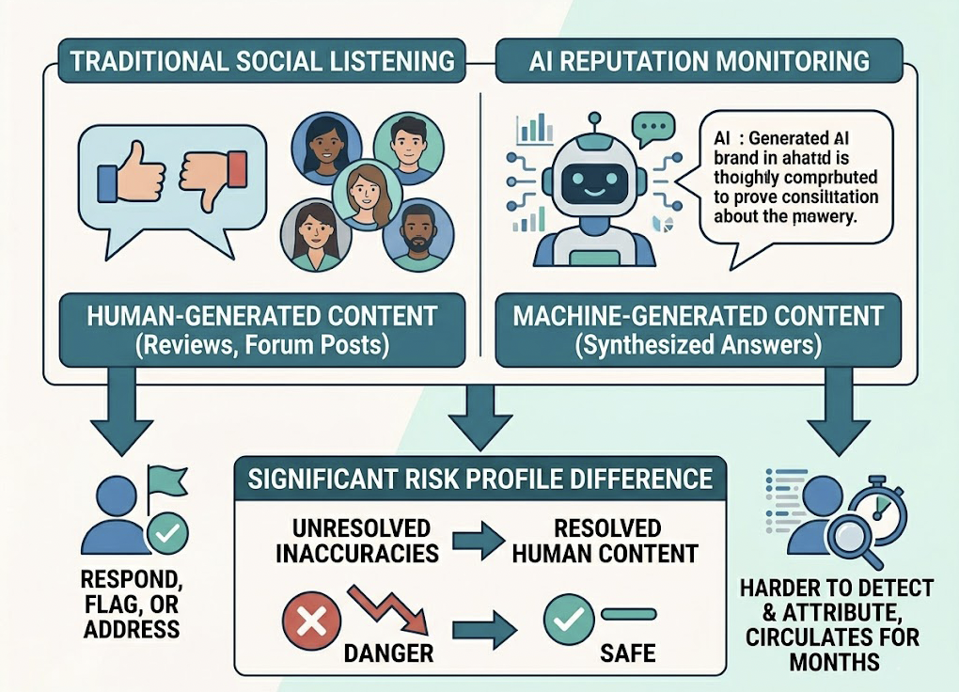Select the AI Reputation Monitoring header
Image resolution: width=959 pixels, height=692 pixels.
pos(699,62)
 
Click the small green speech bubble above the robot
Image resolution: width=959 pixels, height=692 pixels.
pos(652,127)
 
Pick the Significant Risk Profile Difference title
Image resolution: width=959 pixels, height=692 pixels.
pos(479,479)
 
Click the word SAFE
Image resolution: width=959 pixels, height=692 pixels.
pos(628,652)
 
